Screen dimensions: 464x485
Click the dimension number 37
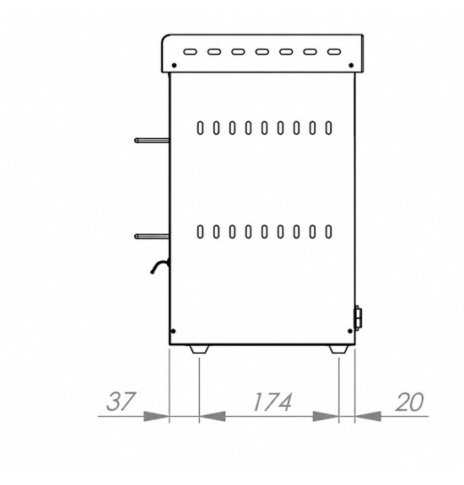coord(121,402)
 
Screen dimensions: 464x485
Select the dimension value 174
coord(272,402)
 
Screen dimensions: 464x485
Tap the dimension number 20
coord(409,402)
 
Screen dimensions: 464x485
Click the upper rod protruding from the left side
coord(152,141)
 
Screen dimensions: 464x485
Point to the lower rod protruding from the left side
coord(152,237)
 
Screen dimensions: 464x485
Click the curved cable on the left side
coord(159,265)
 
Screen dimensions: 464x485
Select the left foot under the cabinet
coord(199,349)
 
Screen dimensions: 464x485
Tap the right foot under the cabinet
coord(339,349)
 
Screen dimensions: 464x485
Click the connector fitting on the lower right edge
coord(358,318)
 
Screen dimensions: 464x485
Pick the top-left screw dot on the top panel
coord(174,66)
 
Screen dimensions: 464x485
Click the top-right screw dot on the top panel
coord(351,66)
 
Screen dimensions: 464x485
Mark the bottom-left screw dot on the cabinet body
coord(173,331)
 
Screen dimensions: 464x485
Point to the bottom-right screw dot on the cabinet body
coord(350,331)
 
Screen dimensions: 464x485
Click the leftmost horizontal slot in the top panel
coord(190,51)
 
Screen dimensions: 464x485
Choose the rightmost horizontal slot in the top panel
coord(334,51)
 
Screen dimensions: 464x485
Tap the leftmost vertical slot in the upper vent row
coord(200,128)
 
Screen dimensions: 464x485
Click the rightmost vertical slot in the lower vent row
coord(328,232)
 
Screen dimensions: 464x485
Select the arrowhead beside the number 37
coord(157,416)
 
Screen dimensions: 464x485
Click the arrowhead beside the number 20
coord(368,416)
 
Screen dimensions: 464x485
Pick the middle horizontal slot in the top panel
coord(262,51)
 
